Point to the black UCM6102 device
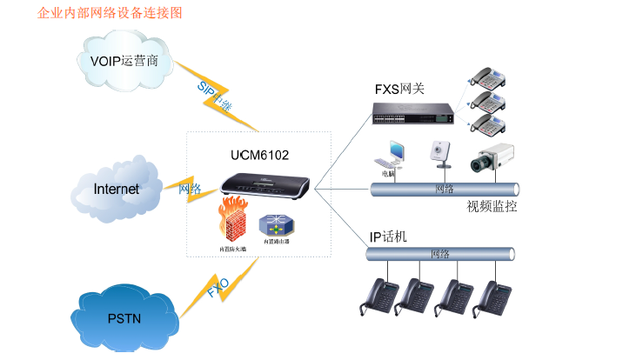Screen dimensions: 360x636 [x=261, y=184]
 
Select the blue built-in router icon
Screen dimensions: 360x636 [x=273, y=226]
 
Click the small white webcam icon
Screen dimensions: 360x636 [x=438, y=153]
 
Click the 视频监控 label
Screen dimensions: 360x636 [x=492, y=206]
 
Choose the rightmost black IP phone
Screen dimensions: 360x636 [x=491, y=298]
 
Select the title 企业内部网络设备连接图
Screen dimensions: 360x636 [x=110, y=14]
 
